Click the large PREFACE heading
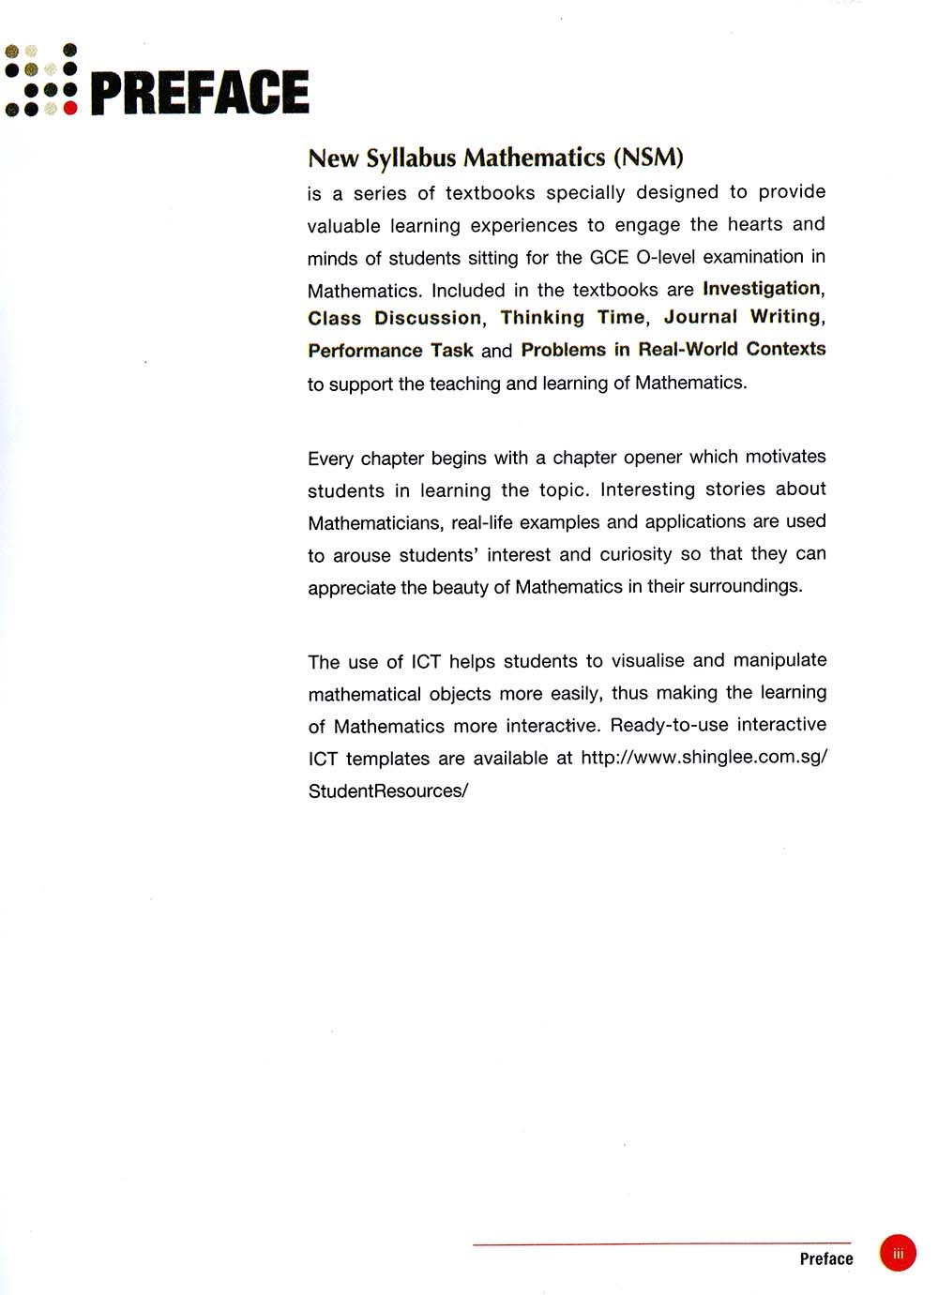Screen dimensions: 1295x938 (x=200, y=92)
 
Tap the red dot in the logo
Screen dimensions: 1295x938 (x=70, y=108)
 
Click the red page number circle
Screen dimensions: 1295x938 (x=898, y=1253)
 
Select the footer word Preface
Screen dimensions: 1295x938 (x=826, y=1258)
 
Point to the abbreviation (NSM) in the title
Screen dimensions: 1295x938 (x=647, y=157)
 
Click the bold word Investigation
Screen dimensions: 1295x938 (x=762, y=288)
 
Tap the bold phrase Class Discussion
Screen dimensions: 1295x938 (x=394, y=318)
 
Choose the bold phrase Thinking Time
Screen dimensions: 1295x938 (x=572, y=318)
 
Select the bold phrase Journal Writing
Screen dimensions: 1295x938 (x=742, y=317)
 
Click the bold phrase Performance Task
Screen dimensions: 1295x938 (x=390, y=351)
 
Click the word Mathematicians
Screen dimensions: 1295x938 (x=374, y=522)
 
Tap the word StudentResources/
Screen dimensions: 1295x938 (x=387, y=791)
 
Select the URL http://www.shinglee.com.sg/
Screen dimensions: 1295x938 (x=703, y=757)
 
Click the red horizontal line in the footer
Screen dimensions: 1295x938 (x=661, y=1243)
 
